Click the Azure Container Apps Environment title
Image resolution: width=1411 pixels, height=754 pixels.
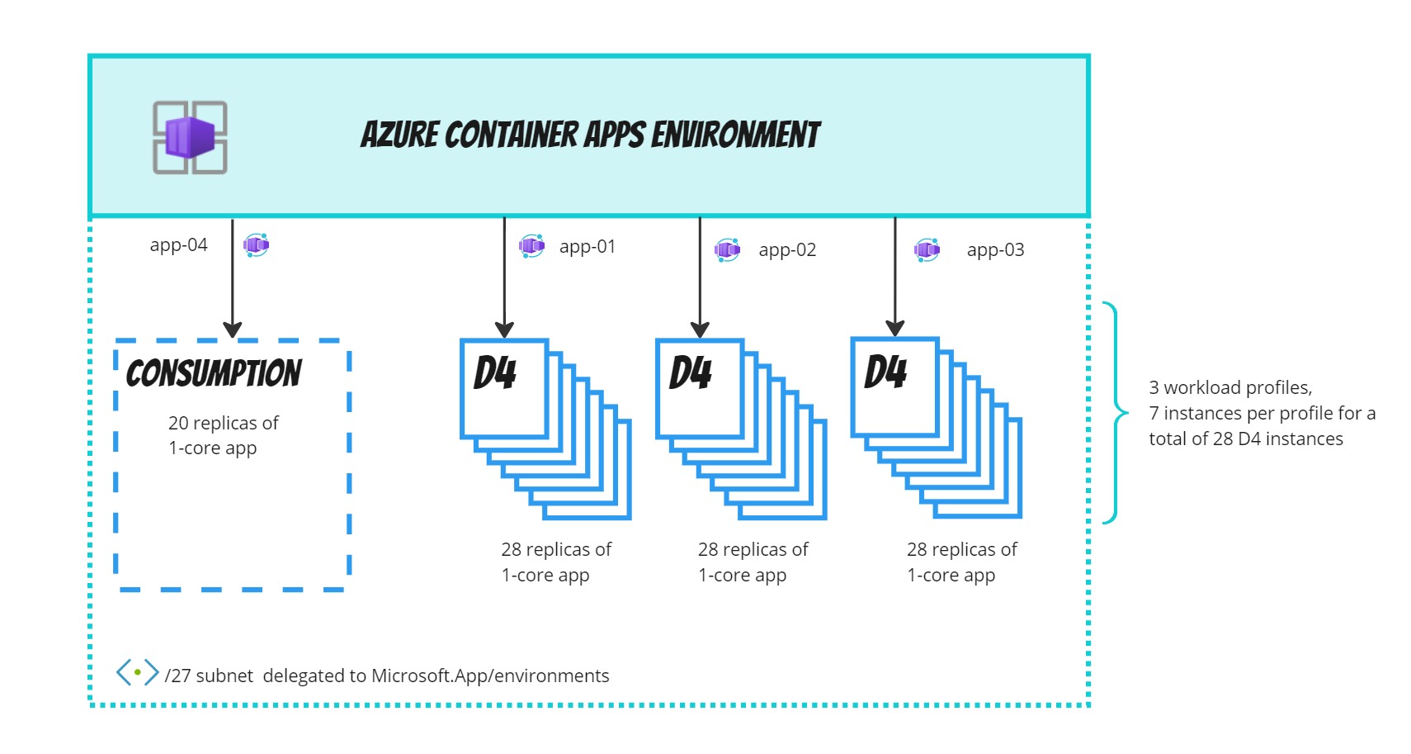tap(590, 135)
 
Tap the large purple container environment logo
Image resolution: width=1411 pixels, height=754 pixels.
tap(191, 137)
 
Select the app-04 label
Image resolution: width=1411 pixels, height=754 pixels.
tap(179, 244)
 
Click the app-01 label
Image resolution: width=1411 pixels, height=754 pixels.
tap(587, 246)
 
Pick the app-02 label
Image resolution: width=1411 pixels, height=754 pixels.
tap(787, 249)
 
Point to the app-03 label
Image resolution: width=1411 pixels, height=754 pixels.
tap(995, 249)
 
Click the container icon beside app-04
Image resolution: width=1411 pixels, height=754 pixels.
tap(257, 244)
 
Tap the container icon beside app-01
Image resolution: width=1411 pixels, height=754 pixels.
tap(531, 245)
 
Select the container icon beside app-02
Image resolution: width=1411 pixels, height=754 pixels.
tap(728, 249)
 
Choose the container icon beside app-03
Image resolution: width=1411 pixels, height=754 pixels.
tap(927, 249)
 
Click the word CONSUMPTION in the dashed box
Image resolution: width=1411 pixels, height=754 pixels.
tap(214, 373)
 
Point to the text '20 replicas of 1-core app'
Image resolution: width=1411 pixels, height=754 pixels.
tap(223, 435)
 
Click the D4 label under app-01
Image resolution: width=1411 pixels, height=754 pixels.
tap(495, 372)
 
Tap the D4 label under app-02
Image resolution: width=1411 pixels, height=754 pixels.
tap(691, 372)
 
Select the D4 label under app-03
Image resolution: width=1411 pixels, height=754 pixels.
tap(885, 372)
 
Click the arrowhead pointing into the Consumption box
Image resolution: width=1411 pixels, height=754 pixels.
tap(233, 330)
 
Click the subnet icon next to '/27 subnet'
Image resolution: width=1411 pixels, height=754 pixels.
tap(137, 672)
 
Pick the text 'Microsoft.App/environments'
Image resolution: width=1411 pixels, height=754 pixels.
tap(490, 676)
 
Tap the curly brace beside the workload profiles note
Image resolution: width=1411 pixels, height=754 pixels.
tap(1116, 413)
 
